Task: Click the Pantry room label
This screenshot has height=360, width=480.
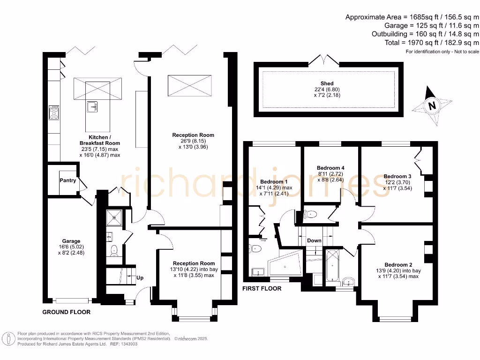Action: pos(67,180)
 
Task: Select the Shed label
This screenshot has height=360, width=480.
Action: pos(327,83)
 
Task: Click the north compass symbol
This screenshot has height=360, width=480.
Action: pos(431,106)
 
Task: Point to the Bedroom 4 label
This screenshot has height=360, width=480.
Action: pos(330,168)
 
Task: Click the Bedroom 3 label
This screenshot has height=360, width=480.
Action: pos(397,176)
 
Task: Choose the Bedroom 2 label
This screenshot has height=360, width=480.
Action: pos(398,264)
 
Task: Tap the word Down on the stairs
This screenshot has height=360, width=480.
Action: pos(314,240)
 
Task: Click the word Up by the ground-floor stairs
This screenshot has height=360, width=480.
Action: pos(140,278)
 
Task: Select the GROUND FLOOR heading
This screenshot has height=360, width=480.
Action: pos(67,312)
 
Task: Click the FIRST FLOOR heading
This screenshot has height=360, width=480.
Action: pos(262,288)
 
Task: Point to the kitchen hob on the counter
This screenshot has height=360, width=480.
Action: pos(54,112)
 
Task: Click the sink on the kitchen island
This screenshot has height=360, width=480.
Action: pos(92,107)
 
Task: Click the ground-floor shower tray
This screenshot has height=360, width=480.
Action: pos(113,217)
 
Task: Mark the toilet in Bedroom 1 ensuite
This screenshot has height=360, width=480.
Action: pos(256,248)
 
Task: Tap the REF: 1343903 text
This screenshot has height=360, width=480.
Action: pos(123,344)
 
